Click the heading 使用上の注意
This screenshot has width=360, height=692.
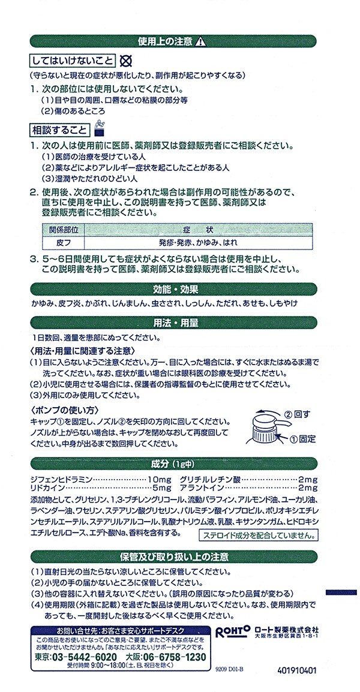tap(166, 41)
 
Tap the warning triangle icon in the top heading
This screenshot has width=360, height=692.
tap(202, 41)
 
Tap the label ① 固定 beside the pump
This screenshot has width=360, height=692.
tap(302, 438)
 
